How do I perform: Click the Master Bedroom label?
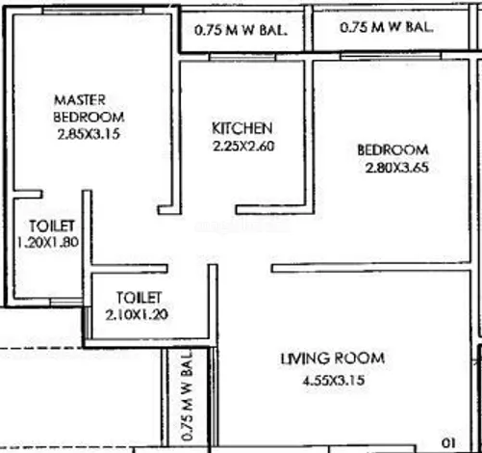pos(89,108)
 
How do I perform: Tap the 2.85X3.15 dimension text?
pos(89,134)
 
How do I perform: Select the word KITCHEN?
pos(242,128)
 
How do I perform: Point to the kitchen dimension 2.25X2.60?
pos(243,147)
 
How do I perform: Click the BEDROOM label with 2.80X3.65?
pos(393,150)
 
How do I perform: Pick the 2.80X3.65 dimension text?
pos(397,168)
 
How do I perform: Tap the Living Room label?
pos(333,359)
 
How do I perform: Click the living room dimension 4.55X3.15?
pos(334,381)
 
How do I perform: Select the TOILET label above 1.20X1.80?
pos(52,226)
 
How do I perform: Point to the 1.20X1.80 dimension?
pos(48,242)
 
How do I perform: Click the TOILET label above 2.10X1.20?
pos(139,298)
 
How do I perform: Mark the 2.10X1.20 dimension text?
pos(137,314)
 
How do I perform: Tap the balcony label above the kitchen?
pos(241,30)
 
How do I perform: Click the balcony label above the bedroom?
pos(387,27)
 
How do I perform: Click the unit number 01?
pos(448,443)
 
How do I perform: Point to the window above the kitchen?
pos(242,57)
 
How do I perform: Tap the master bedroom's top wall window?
pos(93,11)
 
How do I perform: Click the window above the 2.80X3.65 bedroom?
pos(391,57)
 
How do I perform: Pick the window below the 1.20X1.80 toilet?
pos(66,302)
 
